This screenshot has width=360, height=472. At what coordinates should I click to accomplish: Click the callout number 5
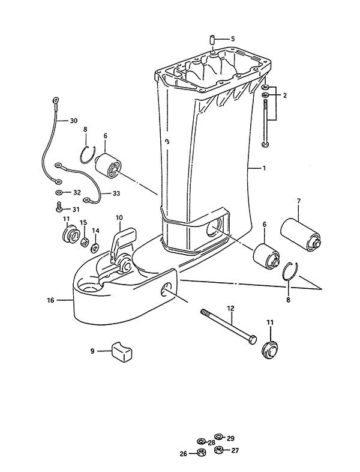232,39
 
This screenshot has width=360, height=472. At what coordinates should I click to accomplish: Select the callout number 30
73,121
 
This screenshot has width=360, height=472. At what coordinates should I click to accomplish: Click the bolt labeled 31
59,207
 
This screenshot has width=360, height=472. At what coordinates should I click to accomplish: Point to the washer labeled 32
59,192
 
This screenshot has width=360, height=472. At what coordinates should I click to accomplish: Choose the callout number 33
116,193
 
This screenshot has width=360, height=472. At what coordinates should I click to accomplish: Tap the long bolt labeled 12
229,327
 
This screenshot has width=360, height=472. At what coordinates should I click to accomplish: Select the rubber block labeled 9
123,351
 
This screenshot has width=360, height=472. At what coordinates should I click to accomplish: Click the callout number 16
51,300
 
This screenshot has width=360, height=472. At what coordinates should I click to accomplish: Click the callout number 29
230,438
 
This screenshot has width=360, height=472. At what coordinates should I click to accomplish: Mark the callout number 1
264,168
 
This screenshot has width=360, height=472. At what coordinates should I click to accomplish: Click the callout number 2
284,95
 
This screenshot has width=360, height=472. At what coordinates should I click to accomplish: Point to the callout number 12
230,309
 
